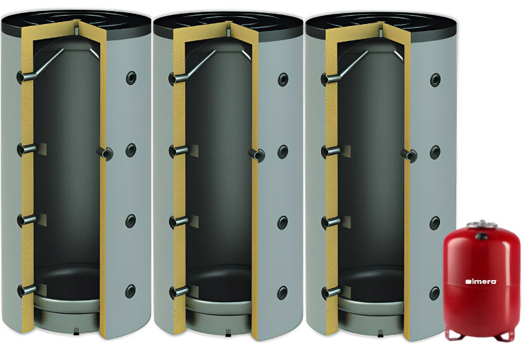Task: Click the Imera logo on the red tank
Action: coord(481,281)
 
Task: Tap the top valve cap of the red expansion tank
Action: coord(482,224)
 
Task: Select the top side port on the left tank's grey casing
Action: coord(131,78)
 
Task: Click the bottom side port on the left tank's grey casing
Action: coord(131,291)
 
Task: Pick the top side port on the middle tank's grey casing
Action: coord(283,79)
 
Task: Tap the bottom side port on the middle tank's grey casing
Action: coord(283,293)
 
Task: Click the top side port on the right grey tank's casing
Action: coord(435,80)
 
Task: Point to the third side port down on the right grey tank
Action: coord(435,224)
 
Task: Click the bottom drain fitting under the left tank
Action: coord(76,331)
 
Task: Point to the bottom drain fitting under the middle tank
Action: coord(229,333)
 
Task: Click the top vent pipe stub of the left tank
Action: coord(77,29)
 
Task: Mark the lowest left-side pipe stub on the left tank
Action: coord(27,291)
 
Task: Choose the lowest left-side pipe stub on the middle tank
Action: coord(179,292)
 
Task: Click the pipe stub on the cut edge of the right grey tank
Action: coord(409,155)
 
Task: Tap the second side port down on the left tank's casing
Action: coord(131,150)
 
